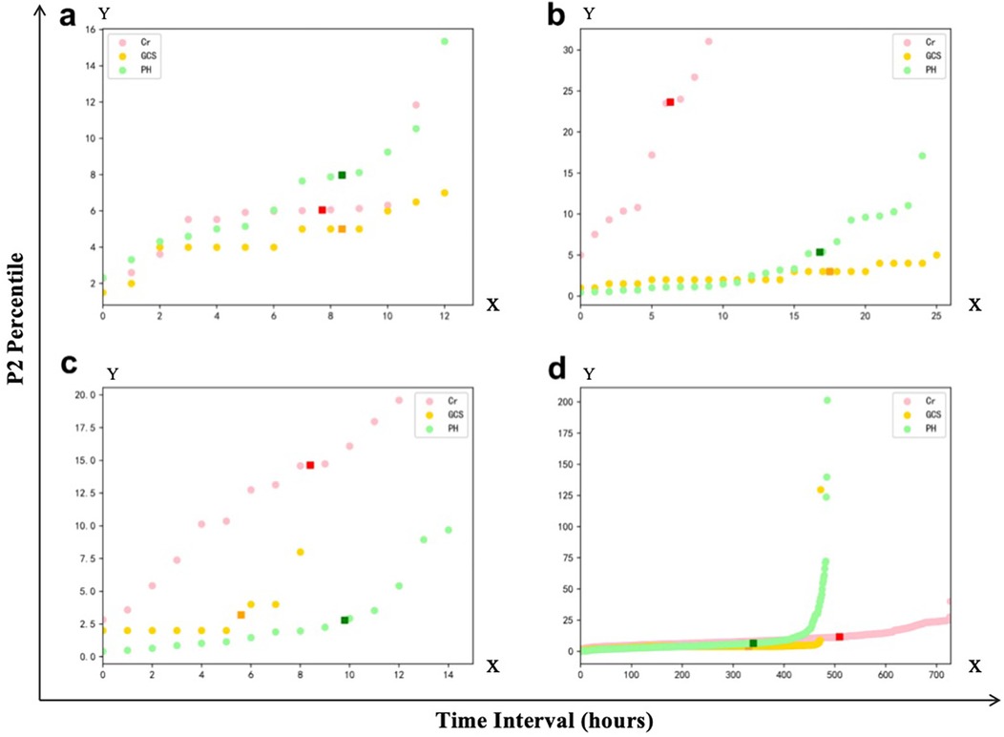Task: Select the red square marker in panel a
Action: (323, 209)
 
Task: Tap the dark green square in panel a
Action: (342, 175)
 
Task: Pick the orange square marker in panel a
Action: (342, 229)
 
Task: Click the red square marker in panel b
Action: (670, 102)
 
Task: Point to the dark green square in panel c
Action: (345, 621)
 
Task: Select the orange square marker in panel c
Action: (241, 615)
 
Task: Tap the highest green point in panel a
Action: (445, 41)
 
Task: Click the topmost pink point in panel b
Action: (708, 41)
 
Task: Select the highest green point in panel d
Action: (826, 400)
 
